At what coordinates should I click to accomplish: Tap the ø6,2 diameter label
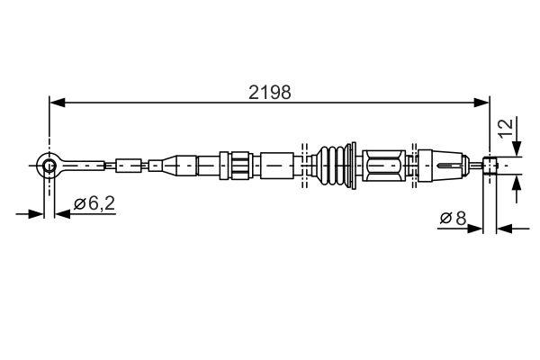pyautogui.click(x=94, y=203)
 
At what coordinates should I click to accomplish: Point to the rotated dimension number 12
pyautogui.click(x=508, y=127)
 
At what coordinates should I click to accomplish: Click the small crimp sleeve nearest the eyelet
pyautogui.click(x=125, y=165)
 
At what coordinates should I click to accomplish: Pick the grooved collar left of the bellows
pyautogui.click(x=238, y=166)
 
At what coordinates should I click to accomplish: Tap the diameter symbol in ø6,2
pyautogui.click(x=79, y=204)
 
